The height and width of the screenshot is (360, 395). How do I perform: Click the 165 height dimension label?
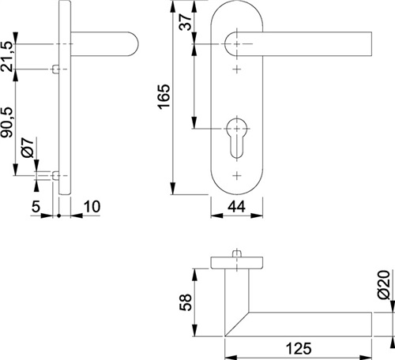(x=164, y=96)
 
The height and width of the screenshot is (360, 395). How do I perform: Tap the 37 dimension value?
(x=185, y=22)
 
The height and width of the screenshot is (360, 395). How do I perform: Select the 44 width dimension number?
(x=236, y=207)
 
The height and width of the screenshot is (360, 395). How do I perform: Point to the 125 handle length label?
(x=299, y=349)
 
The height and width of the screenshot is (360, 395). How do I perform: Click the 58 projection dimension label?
(x=186, y=302)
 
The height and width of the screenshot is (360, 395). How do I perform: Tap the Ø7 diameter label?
(x=28, y=148)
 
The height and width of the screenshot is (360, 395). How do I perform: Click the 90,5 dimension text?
(x=7, y=122)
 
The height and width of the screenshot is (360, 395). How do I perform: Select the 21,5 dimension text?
(x=7, y=56)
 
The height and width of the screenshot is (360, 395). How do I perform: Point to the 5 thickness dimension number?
(x=36, y=207)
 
